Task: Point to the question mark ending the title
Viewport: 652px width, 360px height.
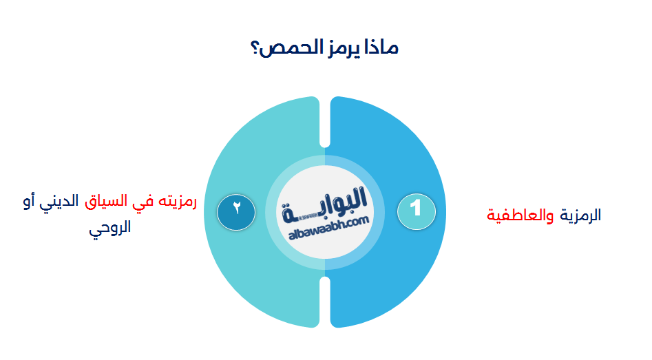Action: click(257, 50)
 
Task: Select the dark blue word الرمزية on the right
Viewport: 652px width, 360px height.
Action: click(580, 215)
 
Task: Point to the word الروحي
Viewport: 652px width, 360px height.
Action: click(109, 228)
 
